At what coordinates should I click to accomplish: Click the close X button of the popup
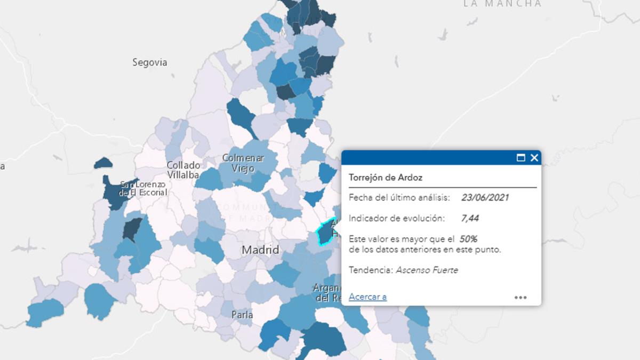pos(534,158)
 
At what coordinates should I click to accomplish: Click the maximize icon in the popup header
pos(521,158)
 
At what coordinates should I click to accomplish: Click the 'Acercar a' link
pos(367,297)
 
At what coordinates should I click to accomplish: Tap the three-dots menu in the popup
pos(521,298)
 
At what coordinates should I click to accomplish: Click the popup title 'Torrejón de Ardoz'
pos(386,177)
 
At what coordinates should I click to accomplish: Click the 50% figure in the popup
pos(468,239)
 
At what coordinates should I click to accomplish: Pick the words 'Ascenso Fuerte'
pos(427,270)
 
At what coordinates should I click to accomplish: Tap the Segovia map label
pos(150,62)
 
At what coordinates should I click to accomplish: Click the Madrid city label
pos(260,250)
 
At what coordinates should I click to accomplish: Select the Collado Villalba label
pos(183,170)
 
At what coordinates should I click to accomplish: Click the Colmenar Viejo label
pos(243,163)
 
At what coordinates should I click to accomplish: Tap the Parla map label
pos(242,315)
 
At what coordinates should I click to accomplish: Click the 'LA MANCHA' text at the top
pos(502,4)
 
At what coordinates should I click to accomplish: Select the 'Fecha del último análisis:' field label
pos(399,198)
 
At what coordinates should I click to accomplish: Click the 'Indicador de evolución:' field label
pos(396,218)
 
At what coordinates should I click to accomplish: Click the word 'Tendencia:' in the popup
pos(371,270)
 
